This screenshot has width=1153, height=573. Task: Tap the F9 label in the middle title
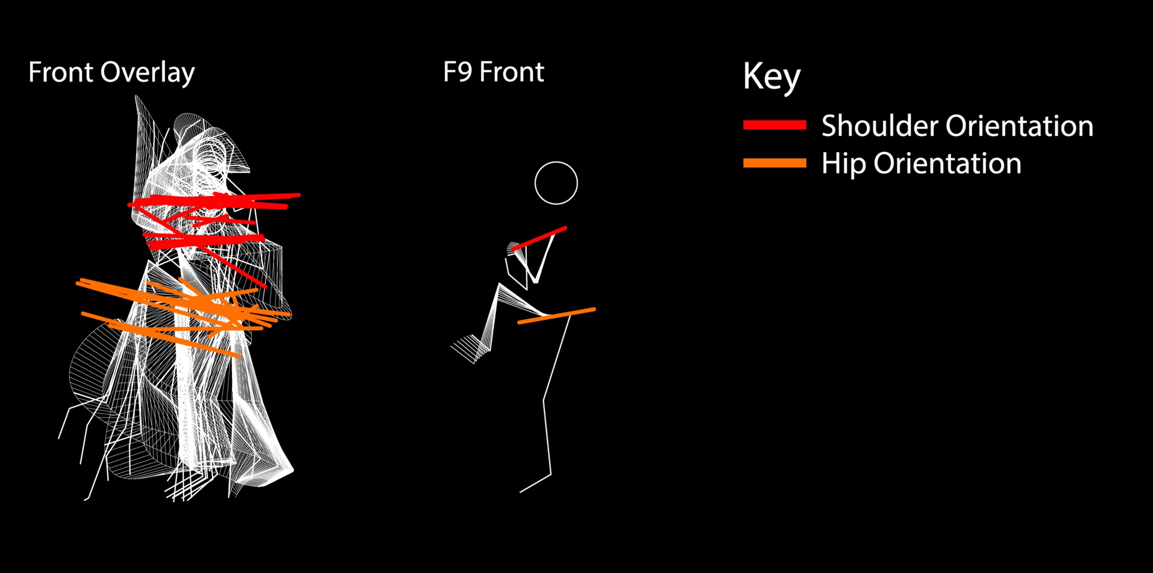[x=457, y=72]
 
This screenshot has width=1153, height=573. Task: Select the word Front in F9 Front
[x=512, y=72]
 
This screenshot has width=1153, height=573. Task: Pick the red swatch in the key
[x=774, y=125]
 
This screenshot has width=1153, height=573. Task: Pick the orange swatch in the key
[x=774, y=163]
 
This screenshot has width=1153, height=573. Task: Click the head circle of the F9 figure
[x=556, y=183]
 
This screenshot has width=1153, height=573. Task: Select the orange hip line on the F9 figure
[x=557, y=316]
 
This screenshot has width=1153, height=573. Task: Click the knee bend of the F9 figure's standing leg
[x=544, y=399]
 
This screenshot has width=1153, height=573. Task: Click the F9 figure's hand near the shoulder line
[x=513, y=249]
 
